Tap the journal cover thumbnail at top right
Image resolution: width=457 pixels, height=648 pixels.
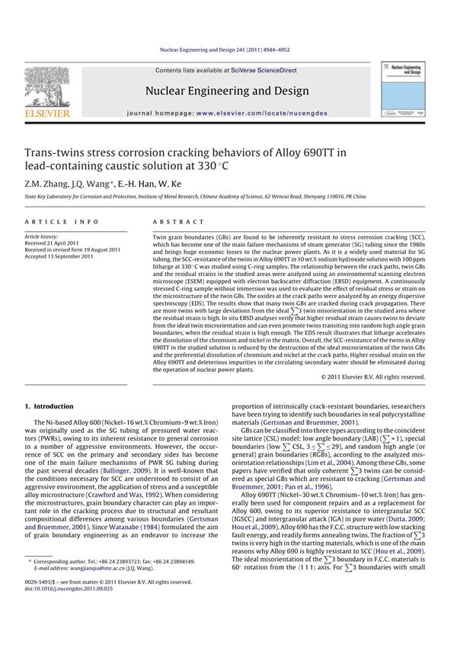point(407,90)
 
